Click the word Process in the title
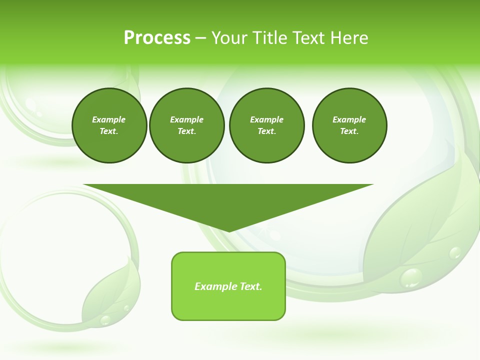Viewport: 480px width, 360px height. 157,38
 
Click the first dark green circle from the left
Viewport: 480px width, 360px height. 109,125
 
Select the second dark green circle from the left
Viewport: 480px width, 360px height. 187,125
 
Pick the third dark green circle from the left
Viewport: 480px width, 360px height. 267,125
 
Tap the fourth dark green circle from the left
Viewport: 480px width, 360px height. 349,125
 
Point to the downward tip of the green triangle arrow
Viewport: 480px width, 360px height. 229,230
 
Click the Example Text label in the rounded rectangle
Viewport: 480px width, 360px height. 228,286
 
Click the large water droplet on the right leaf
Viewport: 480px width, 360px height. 411,277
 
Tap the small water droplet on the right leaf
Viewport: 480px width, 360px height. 455,253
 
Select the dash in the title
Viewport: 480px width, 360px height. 200,38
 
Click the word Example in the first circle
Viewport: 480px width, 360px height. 108,119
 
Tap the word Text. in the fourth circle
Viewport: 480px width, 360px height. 349,131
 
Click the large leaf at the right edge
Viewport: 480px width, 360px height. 425,220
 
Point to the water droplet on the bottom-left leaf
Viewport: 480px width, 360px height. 105,319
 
